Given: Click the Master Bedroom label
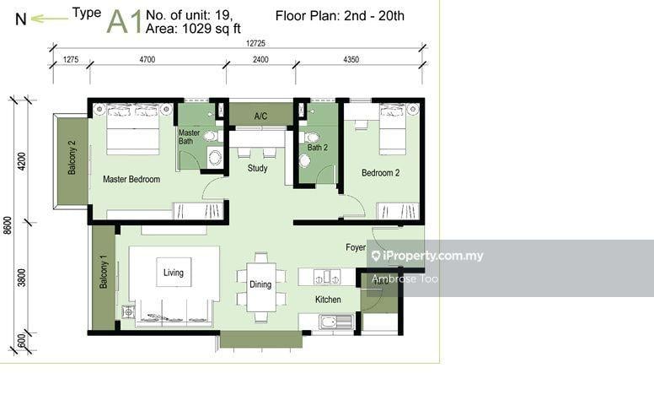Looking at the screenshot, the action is point(131,179).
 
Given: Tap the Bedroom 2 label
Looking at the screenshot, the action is point(380,172).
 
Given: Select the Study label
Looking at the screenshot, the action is point(257,168).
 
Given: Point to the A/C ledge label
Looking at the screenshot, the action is point(260,116).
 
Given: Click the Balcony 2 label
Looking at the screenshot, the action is point(72,158).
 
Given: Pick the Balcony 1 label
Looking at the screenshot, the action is point(104,272).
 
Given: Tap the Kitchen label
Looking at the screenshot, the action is point(328,300).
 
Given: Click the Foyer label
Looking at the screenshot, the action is point(356,247).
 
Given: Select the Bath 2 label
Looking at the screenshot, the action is point(318,148).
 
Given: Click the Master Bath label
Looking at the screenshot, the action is point(189,137).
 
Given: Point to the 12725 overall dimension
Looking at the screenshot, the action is point(255,43).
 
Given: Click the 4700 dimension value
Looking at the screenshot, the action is point(147,59).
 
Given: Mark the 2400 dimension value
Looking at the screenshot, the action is point(260,59).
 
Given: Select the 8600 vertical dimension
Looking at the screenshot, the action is point(8,225).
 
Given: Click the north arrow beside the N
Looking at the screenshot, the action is point(50,19).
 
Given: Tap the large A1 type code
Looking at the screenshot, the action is point(125,22).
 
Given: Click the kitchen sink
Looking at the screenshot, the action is point(336,322).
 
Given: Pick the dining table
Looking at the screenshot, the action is point(260,287).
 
